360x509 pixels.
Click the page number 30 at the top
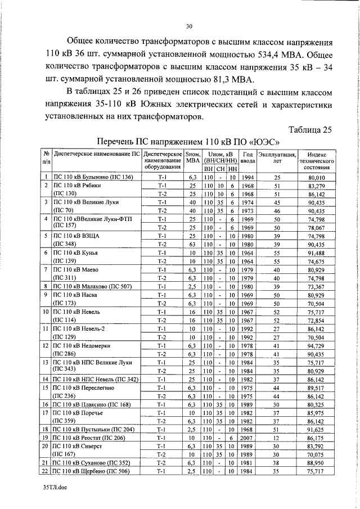click(x=189, y=25)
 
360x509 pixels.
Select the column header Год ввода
click(x=247, y=157)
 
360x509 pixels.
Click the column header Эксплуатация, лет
click(x=276, y=157)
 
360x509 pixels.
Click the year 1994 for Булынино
click(x=247, y=177)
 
